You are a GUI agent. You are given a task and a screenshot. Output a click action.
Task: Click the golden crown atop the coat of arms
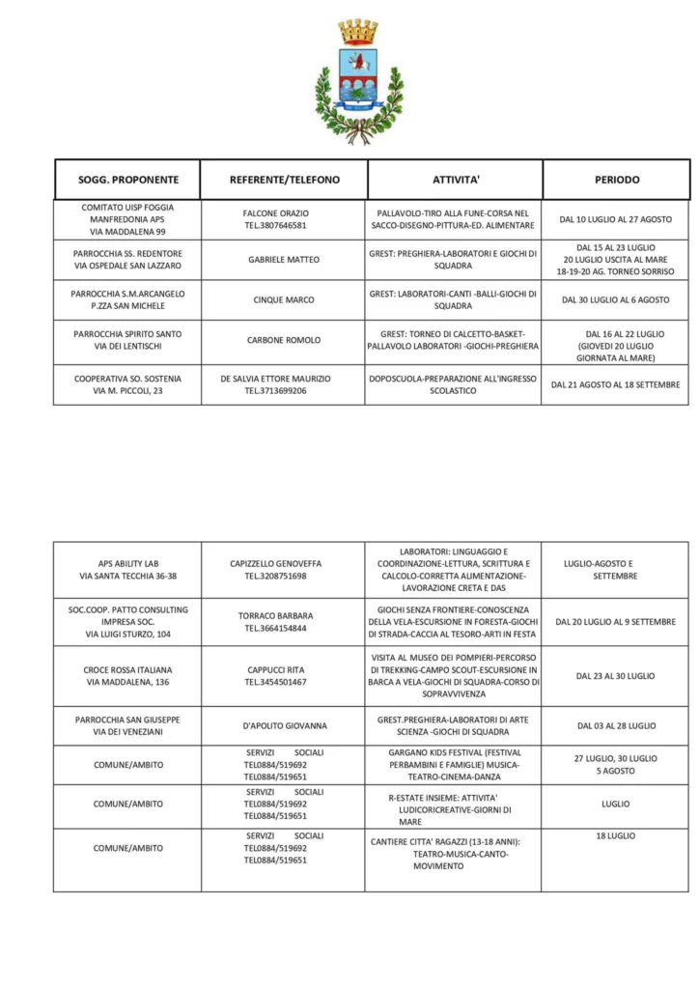pyautogui.click(x=358, y=32)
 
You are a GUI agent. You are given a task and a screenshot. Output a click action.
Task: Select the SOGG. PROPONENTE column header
pyautogui.click(x=128, y=180)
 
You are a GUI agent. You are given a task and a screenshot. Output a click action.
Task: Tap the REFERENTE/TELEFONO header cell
pyautogui.click(x=285, y=180)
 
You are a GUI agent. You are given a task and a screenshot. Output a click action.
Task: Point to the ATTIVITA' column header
pyautogui.click(x=456, y=180)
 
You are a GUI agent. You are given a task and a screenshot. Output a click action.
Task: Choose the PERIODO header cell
pyautogui.click(x=616, y=180)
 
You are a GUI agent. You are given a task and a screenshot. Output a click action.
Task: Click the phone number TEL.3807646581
pyautogui.click(x=275, y=225)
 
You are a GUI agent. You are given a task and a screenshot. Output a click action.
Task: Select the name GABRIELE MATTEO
pyautogui.click(x=284, y=260)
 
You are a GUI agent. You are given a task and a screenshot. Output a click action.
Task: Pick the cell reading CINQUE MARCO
pyautogui.click(x=284, y=300)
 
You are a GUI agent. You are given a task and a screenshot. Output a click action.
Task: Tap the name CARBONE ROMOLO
pyautogui.click(x=284, y=340)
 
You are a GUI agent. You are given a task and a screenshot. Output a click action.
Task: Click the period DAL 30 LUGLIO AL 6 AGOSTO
pyautogui.click(x=616, y=300)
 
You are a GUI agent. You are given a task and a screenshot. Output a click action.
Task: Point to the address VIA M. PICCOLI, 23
pyautogui.click(x=128, y=391)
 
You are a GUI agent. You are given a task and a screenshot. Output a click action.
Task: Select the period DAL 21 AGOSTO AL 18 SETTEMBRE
pyautogui.click(x=616, y=384)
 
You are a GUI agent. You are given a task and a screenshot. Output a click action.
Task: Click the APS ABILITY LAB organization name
pyautogui.click(x=128, y=563)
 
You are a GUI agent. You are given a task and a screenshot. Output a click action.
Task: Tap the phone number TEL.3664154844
pyautogui.click(x=276, y=628)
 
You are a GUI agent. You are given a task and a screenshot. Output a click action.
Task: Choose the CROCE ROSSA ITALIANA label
pyautogui.click(x=128, y=669)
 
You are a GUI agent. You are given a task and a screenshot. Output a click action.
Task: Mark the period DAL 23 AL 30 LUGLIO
pyautogui.click(x=616, y=676)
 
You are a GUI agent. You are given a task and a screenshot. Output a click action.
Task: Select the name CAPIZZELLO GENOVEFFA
pyautogui.click(x=276, y=563)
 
